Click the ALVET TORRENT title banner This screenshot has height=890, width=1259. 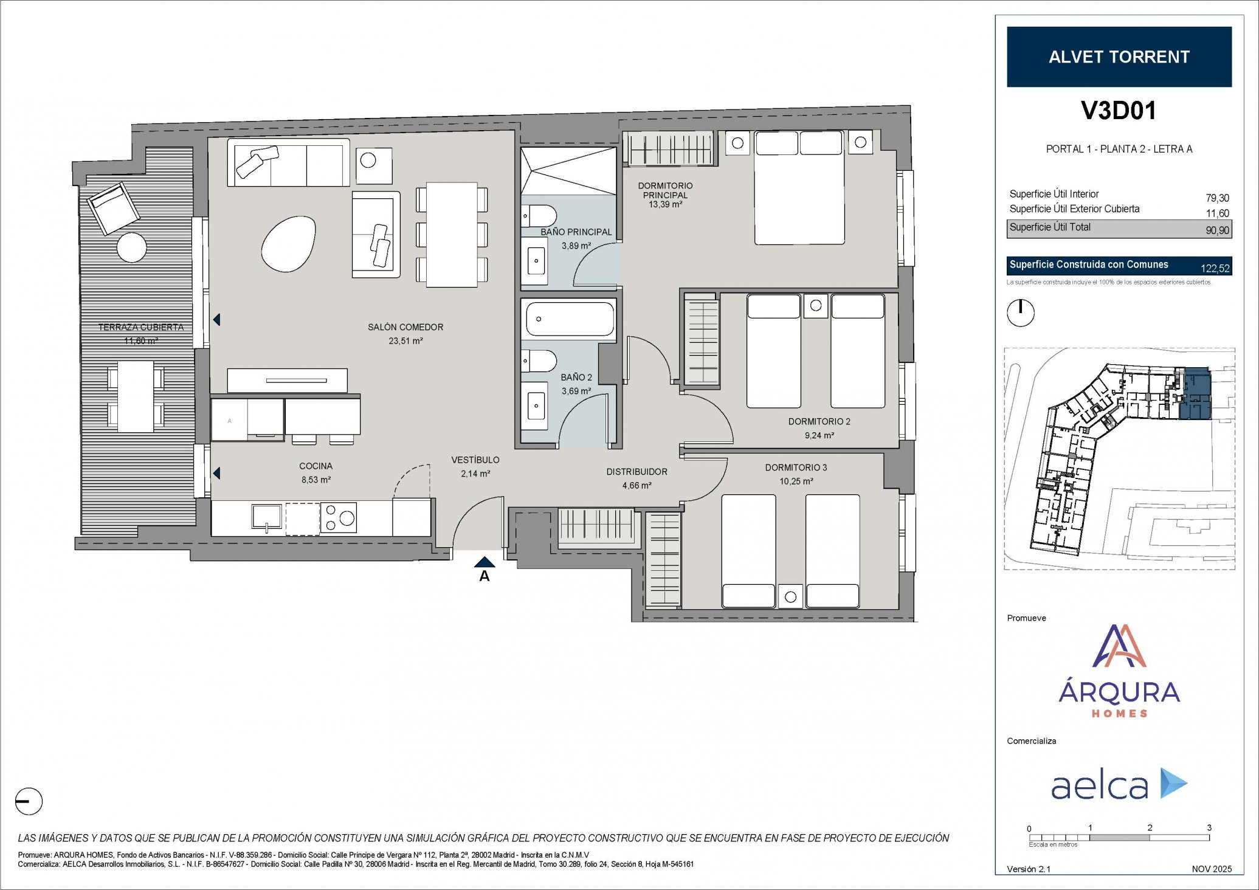click(1119, 57)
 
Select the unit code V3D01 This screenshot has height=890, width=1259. click(1119, 110)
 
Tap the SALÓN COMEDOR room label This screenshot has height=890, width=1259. click(405, 327)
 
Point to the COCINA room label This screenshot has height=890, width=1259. click(316, 466)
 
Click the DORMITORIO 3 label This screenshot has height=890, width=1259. click(796, 467)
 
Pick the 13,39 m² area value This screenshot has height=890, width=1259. click(665, 205)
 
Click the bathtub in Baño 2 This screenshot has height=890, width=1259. click(570, 319)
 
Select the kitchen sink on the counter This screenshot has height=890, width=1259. click(267, 517)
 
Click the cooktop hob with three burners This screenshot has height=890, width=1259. click(339, 517)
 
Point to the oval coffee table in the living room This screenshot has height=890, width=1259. click(289, 243)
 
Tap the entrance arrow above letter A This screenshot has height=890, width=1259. click(485, 562)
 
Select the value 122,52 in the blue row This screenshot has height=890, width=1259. click(1215, 268)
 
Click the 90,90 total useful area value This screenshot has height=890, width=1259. click(1217, 230)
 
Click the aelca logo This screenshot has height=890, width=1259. click(1119, 785)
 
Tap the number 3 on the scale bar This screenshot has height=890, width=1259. click(1209, 827)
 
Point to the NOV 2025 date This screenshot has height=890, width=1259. click(1212, 869)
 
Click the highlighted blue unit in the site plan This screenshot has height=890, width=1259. click(1195, 394)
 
